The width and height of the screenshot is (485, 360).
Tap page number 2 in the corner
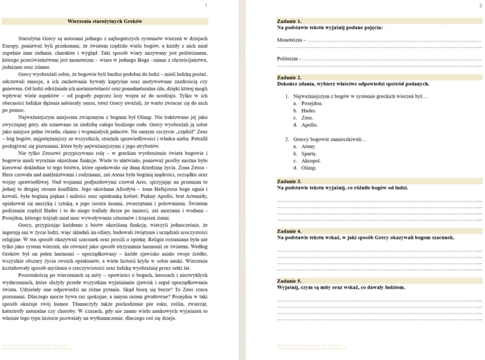(479, 6)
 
